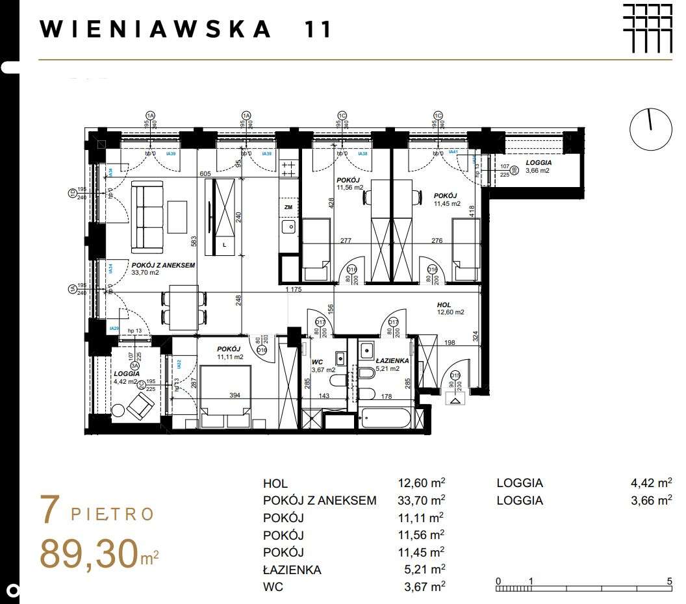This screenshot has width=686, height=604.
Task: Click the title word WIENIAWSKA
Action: tap(155, 29)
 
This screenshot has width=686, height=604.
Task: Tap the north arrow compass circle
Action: tap(651, 127)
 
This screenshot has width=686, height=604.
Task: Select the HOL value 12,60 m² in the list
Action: tap(421, 483)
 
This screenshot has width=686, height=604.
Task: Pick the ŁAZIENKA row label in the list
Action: tap(292, 570)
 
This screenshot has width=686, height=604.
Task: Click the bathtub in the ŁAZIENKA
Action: tap(385, 418)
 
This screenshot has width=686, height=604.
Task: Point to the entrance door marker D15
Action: tap(455, 375)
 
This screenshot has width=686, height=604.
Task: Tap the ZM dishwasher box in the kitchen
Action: tap(288, 207)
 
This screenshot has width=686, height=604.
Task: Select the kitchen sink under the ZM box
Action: tap(288, 227)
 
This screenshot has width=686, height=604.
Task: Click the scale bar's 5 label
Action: tap(669, 581)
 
